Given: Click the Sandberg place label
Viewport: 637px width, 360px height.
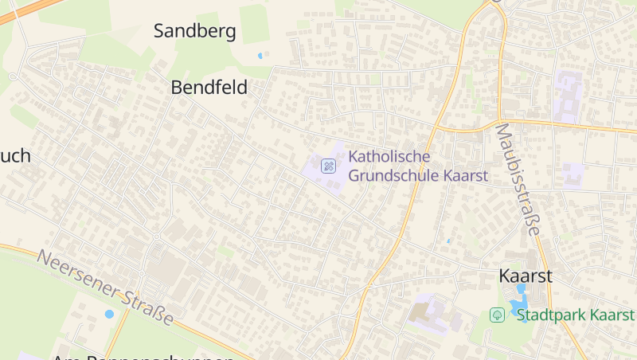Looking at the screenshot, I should (x=194, y=32).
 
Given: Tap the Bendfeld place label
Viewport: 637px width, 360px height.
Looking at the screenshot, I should (x=209, y=88).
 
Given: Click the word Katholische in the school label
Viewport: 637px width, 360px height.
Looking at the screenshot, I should (x=389, y=156).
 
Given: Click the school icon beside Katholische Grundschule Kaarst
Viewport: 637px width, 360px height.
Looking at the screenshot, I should (x=327, y=166).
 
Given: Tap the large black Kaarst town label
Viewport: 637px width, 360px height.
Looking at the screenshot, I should (x=525, y=276).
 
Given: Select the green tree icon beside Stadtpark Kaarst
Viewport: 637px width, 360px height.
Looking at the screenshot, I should (x=497, y=315).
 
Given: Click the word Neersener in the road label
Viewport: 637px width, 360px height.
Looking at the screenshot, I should (x=76, y=275).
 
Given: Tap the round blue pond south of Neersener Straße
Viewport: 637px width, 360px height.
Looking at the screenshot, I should (x=109, y=314).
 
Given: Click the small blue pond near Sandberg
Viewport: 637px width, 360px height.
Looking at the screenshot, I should (x=260, y=56).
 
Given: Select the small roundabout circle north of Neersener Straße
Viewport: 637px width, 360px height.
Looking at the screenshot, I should (x=156, y=237).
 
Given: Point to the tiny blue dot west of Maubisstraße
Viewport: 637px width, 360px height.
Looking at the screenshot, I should (x=448, y=241).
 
